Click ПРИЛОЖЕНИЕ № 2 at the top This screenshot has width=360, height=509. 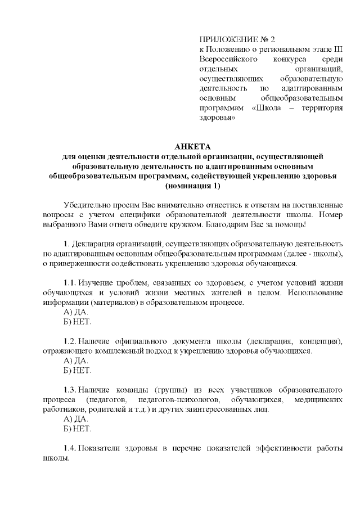pyautogui.click(x=231, y=39)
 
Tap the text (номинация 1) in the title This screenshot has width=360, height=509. pyautogui.click(x=192, y=185)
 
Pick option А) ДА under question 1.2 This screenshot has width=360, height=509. pyautogui.click(x=76, y=361)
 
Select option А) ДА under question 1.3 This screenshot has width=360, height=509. pyautogui.click(x=76, y=419)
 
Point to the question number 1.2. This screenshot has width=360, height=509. pyautogui.click(x=69, y=341)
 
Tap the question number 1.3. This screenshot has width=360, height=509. pyautogui.click(x=69, y=389)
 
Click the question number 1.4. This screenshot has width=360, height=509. pyautogui.click(x=69, y=448)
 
